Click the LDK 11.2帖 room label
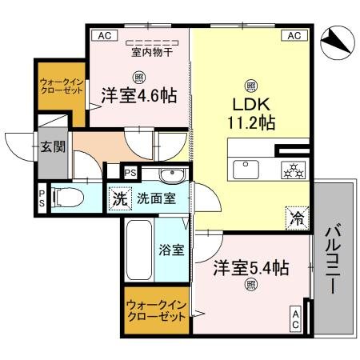250,113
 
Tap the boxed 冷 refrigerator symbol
296,216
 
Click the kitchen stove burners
292,168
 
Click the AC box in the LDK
293,35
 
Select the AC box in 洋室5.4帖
295,320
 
